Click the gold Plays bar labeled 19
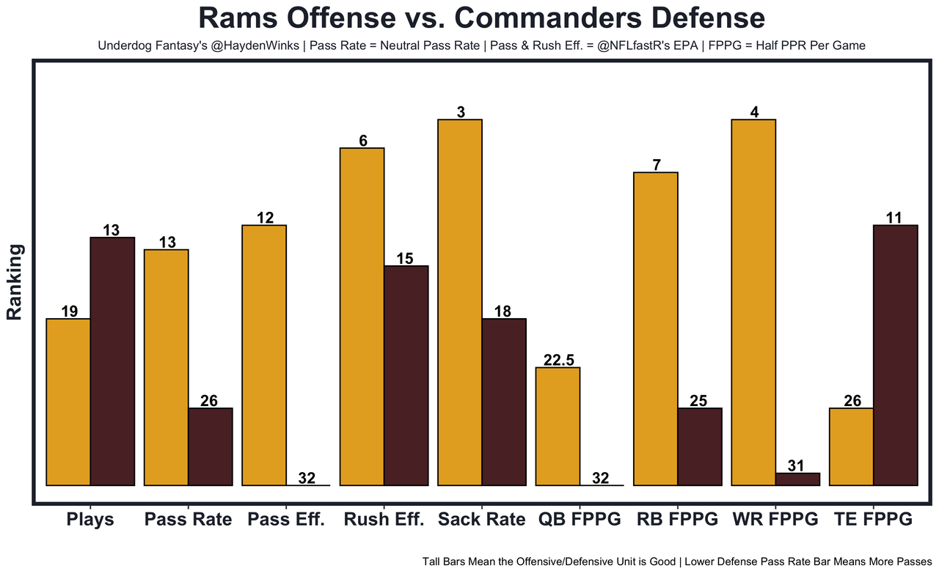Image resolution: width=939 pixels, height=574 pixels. (68, 402)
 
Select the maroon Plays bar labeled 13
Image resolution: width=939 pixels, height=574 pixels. (112, 361)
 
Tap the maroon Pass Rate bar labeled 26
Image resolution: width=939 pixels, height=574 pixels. (211, 446)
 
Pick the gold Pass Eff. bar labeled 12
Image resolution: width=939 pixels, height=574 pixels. (264, 355)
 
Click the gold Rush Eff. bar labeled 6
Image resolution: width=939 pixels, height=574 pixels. (362, 317)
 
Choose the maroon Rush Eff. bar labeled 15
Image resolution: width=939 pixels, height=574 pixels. (406, 375)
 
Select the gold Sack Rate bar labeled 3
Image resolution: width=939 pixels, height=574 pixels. (460, 302)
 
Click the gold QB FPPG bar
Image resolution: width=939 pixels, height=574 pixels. (558, 426)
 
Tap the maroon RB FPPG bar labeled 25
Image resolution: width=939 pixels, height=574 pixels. (700, 446)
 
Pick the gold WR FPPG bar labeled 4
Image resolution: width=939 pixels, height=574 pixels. (753, 302)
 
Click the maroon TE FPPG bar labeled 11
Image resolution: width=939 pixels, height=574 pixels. (896, 355)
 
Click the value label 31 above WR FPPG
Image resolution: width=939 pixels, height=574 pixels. (798, 466)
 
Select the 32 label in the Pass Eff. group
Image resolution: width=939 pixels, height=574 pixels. (307, 478)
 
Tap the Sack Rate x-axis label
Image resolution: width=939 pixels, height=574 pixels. (481, 520)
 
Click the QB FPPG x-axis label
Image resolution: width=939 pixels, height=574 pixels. (580, 520)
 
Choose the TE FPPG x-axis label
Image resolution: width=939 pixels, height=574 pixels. (873, 520)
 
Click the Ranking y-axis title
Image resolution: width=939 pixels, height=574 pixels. (15, 282)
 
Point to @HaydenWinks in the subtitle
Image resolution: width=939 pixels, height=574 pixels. (252, 45)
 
